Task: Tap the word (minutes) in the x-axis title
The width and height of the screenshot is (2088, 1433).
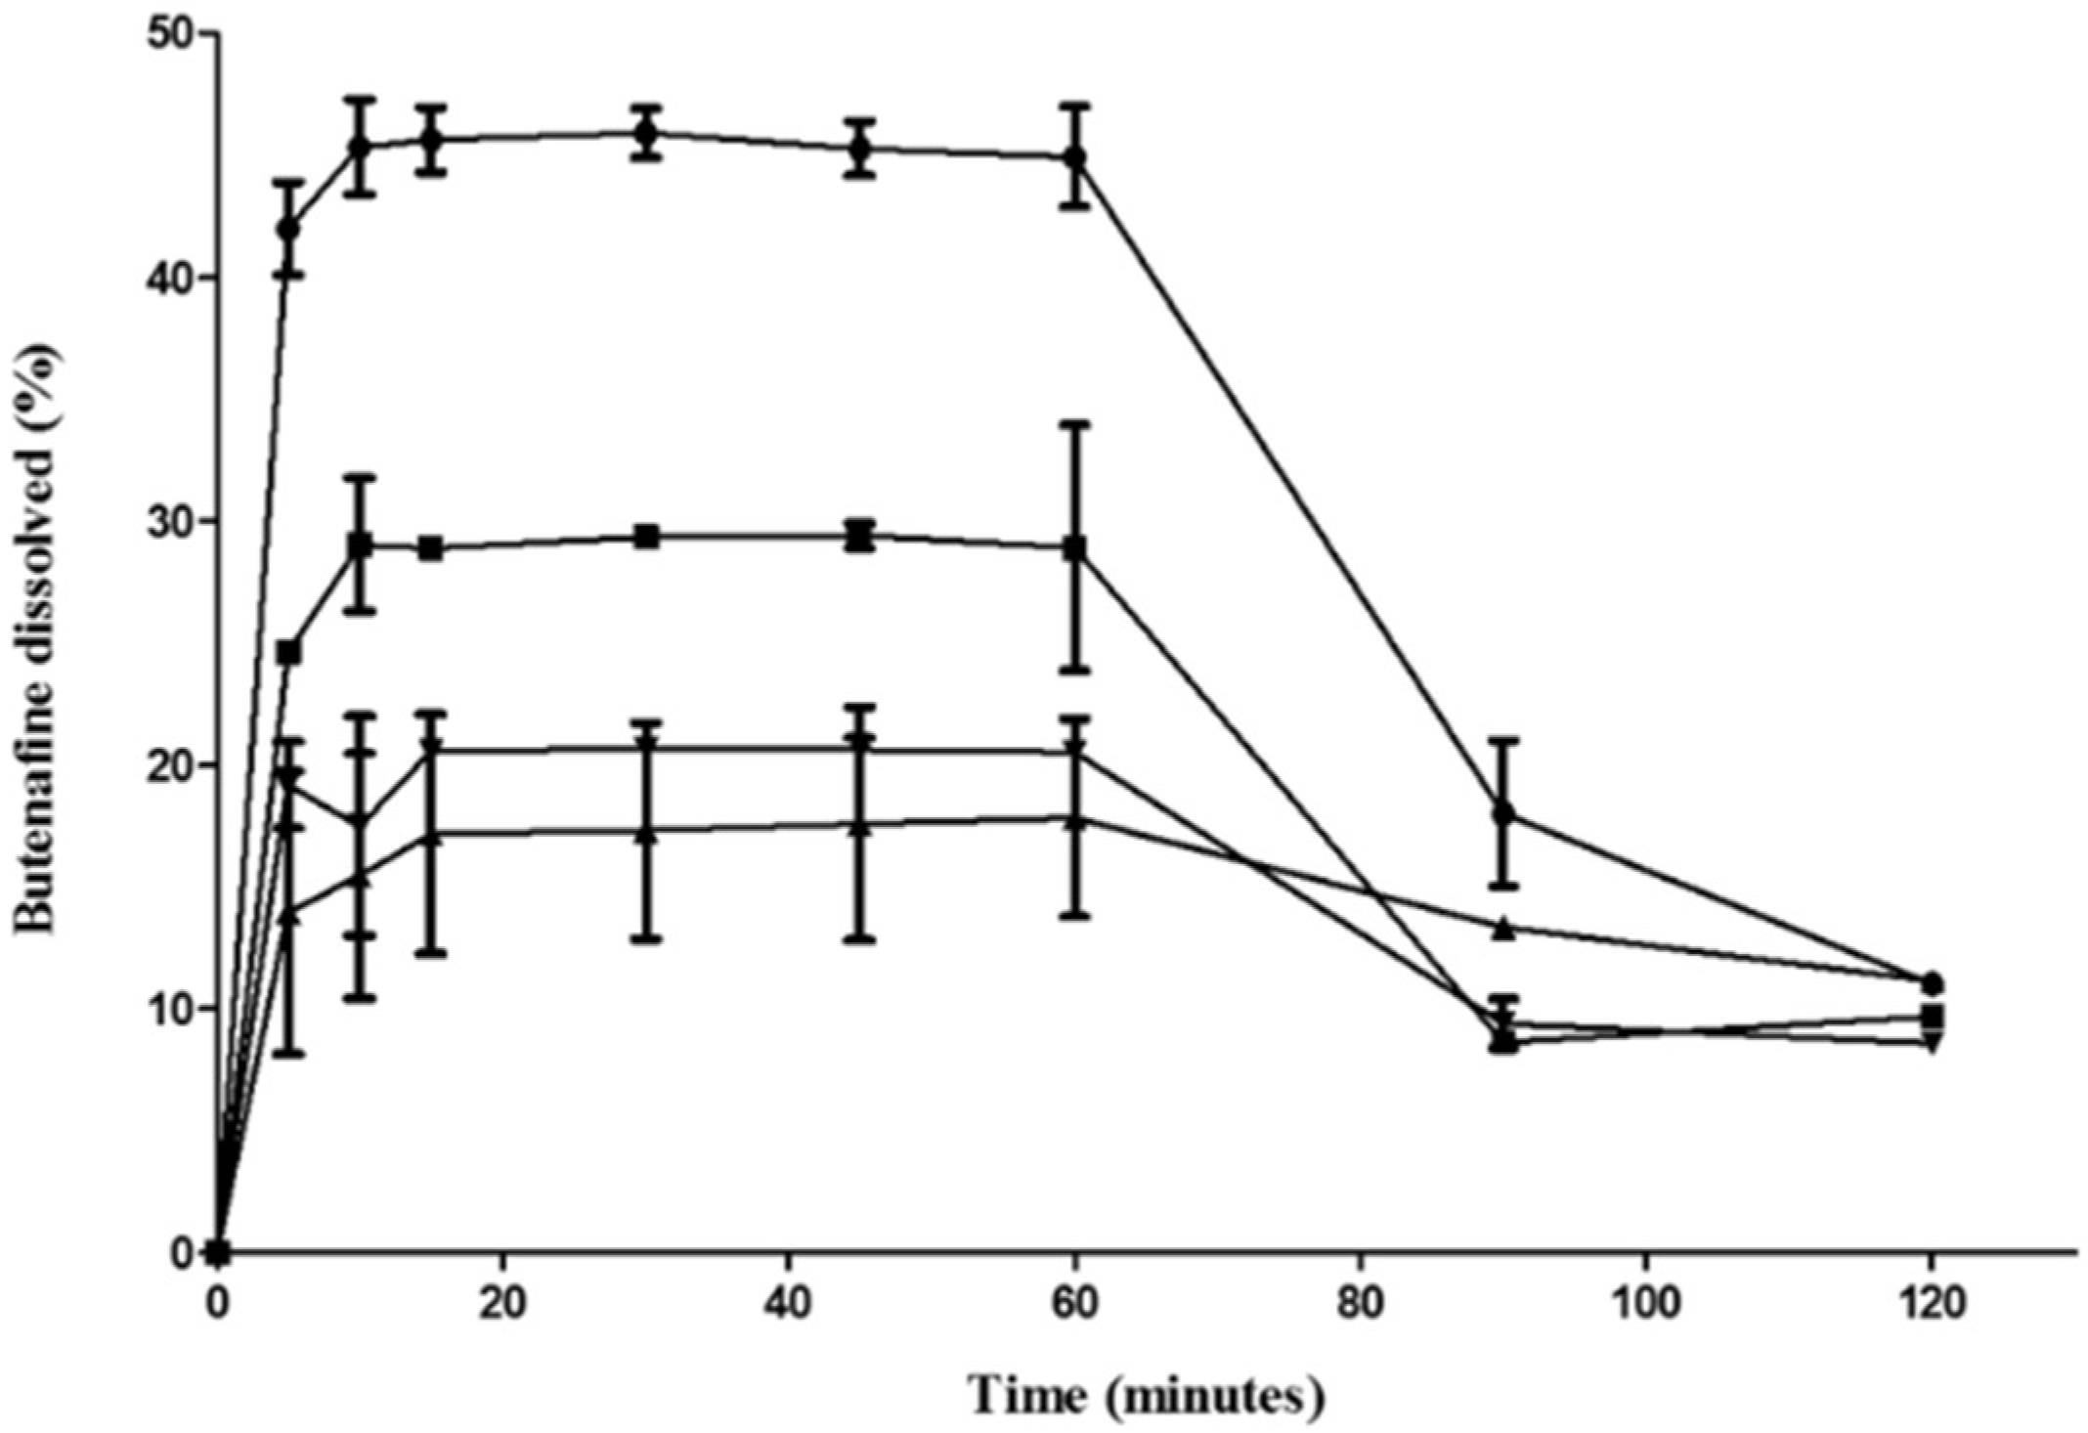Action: pyautogui.click(x=1218, y=1397)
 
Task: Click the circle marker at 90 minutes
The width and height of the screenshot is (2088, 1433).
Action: pyautogui.click(x=1504, y=813)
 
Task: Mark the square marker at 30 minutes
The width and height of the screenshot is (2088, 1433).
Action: pyautogui.click(x=646, y=536)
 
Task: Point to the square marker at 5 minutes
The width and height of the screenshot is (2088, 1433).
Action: pyautogui.click(x=288, y=652)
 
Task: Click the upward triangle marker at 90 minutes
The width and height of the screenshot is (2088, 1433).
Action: pyautogui.click(x=1504, y=928)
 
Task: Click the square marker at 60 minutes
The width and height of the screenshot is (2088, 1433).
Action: pyautogui.click(x=1075, y=547)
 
